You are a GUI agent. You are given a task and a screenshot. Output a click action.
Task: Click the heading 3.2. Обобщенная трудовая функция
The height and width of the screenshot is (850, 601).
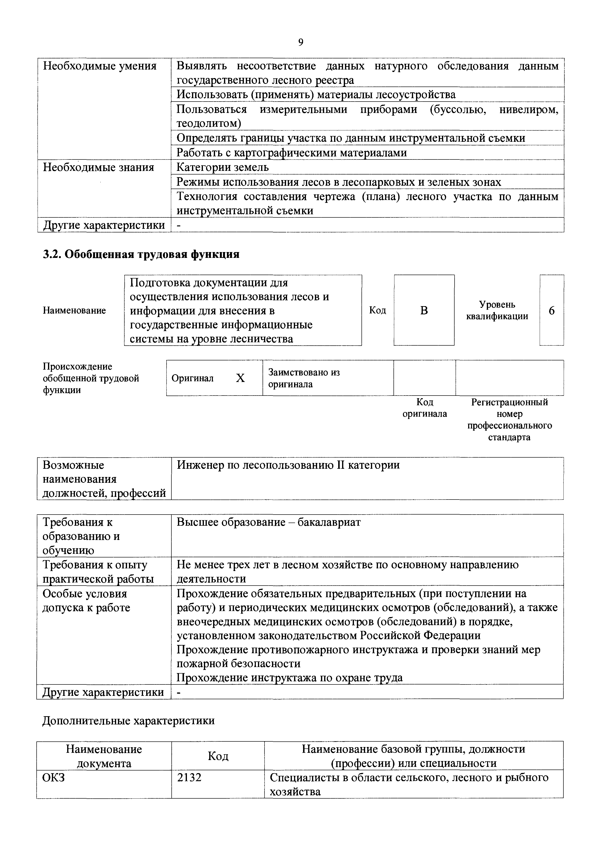141,254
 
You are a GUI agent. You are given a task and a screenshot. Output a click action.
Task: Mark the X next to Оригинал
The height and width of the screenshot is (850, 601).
240,378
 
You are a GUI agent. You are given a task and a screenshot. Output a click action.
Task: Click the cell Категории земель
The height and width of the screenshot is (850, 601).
223,167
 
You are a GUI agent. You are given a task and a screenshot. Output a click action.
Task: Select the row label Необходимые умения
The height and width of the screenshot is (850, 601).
100,66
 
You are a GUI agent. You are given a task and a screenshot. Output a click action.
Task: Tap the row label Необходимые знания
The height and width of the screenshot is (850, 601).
98,167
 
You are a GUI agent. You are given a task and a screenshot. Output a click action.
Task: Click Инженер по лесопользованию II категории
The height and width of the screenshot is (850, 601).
288,465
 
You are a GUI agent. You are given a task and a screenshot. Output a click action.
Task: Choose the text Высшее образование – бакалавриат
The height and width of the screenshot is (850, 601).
268,522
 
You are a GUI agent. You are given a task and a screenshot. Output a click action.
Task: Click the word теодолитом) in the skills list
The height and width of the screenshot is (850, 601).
208,123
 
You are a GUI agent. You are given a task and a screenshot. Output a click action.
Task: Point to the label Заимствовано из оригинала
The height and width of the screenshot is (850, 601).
304,378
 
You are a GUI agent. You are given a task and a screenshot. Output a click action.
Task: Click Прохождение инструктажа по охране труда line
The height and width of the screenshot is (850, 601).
289,677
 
